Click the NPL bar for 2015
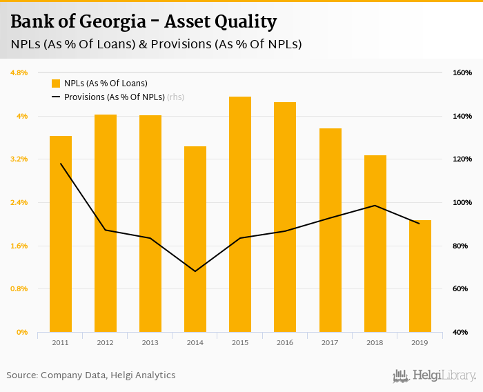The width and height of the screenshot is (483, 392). [240, 214]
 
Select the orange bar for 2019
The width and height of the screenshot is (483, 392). [420, 276]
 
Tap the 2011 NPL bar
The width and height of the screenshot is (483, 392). [61, 234]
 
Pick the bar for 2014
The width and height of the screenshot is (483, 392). [195, 239]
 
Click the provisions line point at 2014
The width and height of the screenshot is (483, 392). [195, 271]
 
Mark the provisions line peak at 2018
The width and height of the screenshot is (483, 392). [375, 206]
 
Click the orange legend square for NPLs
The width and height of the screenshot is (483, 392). [56, 84]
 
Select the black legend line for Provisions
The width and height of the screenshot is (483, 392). [56, 97]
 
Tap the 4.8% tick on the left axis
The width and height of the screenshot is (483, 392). [18, 72]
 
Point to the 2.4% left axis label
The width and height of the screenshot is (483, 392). [18, 202]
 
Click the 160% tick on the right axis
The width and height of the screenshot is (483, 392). [462, 72]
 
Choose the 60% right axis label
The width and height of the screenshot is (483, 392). [462, 288]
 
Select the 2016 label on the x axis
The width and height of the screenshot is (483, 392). [285, 343]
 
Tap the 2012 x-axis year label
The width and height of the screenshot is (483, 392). [106, 343]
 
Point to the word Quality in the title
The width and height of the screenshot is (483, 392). [244, 22]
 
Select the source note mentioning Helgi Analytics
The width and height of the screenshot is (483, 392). [91, 375]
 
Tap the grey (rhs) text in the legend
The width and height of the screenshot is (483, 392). [176, 97]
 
